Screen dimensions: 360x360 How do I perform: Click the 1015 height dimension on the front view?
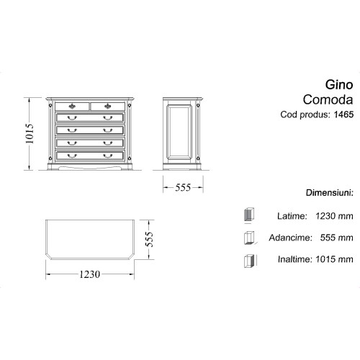pos(30,134)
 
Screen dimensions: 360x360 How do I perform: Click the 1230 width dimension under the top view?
pos(89,274)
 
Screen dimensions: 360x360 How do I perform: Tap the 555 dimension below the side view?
pos(183,187)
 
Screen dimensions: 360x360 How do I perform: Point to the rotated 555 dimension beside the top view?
pos(149,239)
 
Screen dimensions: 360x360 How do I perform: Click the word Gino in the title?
pos(339,85)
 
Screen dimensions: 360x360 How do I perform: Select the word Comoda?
pos(328,99)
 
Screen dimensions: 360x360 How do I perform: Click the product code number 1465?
pos(343,114)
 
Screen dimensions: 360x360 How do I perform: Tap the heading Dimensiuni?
pos(330,193)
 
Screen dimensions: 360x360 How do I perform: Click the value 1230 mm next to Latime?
pos(334,216)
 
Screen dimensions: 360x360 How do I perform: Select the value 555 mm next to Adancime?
pos(336,238)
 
